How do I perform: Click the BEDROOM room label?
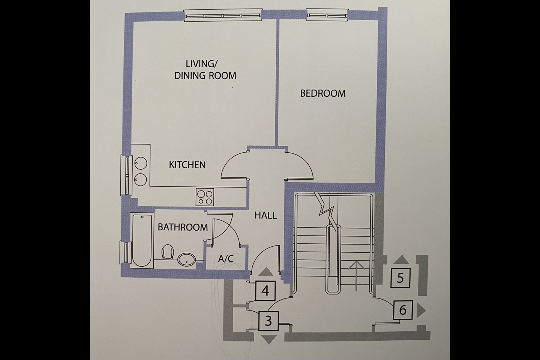(323, 93)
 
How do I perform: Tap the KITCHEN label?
(187, 165)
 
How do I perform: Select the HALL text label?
(265, 215)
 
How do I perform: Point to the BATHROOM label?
(183, 227)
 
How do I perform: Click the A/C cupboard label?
(226, 258)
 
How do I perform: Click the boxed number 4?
(266, 291)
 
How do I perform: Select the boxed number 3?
(268, 321)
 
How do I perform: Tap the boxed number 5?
(400, 278)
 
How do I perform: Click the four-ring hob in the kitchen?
(205, 197)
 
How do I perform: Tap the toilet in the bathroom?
(168, 252)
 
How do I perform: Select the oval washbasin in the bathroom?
(186, 259)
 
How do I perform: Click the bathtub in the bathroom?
(142, 240)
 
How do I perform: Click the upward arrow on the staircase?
(355, 276)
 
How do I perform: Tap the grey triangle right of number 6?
(421, 310)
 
